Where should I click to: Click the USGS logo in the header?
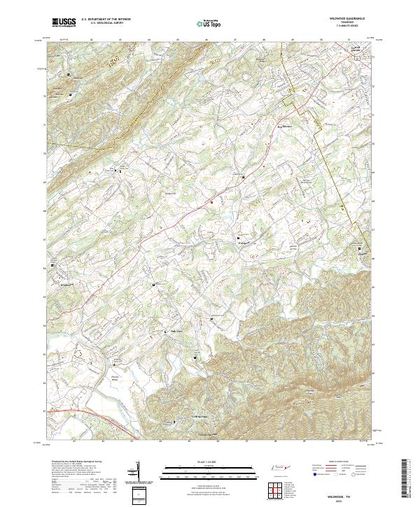(64, 23)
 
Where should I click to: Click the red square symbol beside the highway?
(212, 202)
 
